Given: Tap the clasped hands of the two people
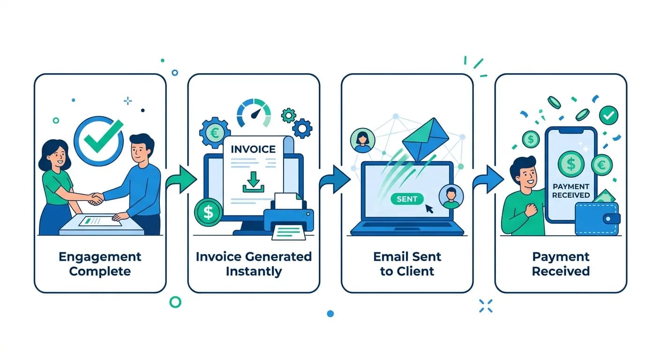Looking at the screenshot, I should click(97, 199).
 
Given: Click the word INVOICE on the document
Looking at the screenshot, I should click(253, 149).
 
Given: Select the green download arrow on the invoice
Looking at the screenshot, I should click(254, 182).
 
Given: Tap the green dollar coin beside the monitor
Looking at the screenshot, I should click(208, 212).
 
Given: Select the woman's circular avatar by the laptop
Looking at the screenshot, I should click(362, 140).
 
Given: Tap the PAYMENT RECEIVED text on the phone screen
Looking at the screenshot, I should click(570, 191).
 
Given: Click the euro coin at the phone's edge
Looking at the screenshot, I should click(601, 165).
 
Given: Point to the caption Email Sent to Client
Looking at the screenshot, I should click(407, 264).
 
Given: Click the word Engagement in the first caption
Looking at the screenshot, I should click(100, 257).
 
